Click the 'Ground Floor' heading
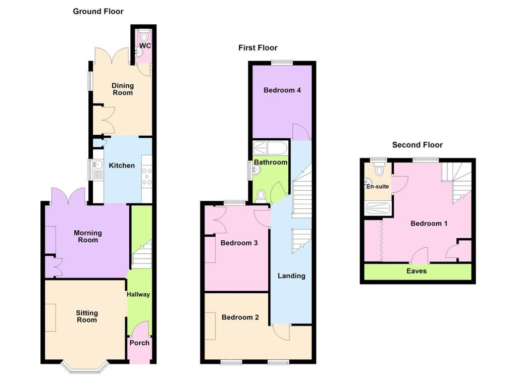coord(98,11)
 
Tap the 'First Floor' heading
coord(257,48)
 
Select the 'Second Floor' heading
coord(417,145)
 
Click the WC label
coord(145,46)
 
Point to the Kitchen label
coord(122,166)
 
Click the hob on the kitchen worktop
coord(147,177)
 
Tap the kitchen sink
coord(97,165)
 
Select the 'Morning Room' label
coord(88,236)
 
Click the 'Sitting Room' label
coord(86,316)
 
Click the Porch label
coord(139,343)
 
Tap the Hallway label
coord(138,294)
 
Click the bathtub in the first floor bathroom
coord(270,148)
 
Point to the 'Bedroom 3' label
coord(239,243)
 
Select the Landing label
coord(291,276)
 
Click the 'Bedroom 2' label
coord(240,317)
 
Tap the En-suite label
coord(378,187)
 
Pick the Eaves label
coord(417,271)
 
